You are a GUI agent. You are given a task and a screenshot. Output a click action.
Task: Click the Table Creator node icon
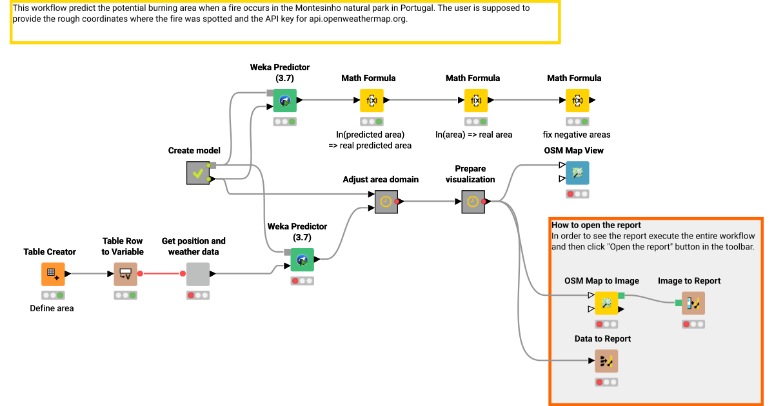53,274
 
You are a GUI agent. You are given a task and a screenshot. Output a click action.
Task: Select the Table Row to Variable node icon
125,274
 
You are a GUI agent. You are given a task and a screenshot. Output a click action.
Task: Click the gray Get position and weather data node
197,274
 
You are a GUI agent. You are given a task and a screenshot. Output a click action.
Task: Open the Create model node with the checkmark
197,173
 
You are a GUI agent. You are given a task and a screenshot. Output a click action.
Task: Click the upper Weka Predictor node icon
284,101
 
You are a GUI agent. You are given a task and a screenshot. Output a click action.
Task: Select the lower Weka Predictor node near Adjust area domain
302,260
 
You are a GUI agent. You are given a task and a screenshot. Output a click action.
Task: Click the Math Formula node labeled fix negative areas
577,101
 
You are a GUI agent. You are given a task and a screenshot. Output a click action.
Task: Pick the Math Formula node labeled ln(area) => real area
476,101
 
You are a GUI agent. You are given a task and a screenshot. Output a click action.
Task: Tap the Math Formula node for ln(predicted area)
372,101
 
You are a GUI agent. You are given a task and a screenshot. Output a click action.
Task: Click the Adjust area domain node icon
386,202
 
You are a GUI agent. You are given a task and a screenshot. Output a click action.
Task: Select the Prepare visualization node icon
473,202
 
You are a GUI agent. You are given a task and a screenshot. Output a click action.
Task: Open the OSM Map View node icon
577,173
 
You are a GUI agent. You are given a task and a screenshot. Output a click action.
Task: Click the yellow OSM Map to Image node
606,303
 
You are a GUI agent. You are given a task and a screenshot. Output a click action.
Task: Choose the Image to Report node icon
693,303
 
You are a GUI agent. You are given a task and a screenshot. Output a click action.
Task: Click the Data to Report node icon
606,361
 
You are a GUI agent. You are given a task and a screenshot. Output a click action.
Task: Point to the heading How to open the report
596,225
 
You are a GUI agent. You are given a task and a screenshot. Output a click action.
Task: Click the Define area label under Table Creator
52,308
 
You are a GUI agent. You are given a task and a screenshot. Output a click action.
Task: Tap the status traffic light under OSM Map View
577,194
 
